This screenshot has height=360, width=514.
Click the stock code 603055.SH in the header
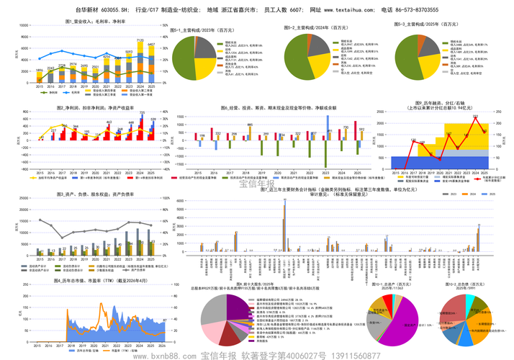tap(116, 12)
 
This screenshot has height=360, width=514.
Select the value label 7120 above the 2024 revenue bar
tap(140, 41)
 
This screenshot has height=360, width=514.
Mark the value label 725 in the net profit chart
tap(142, 113)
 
